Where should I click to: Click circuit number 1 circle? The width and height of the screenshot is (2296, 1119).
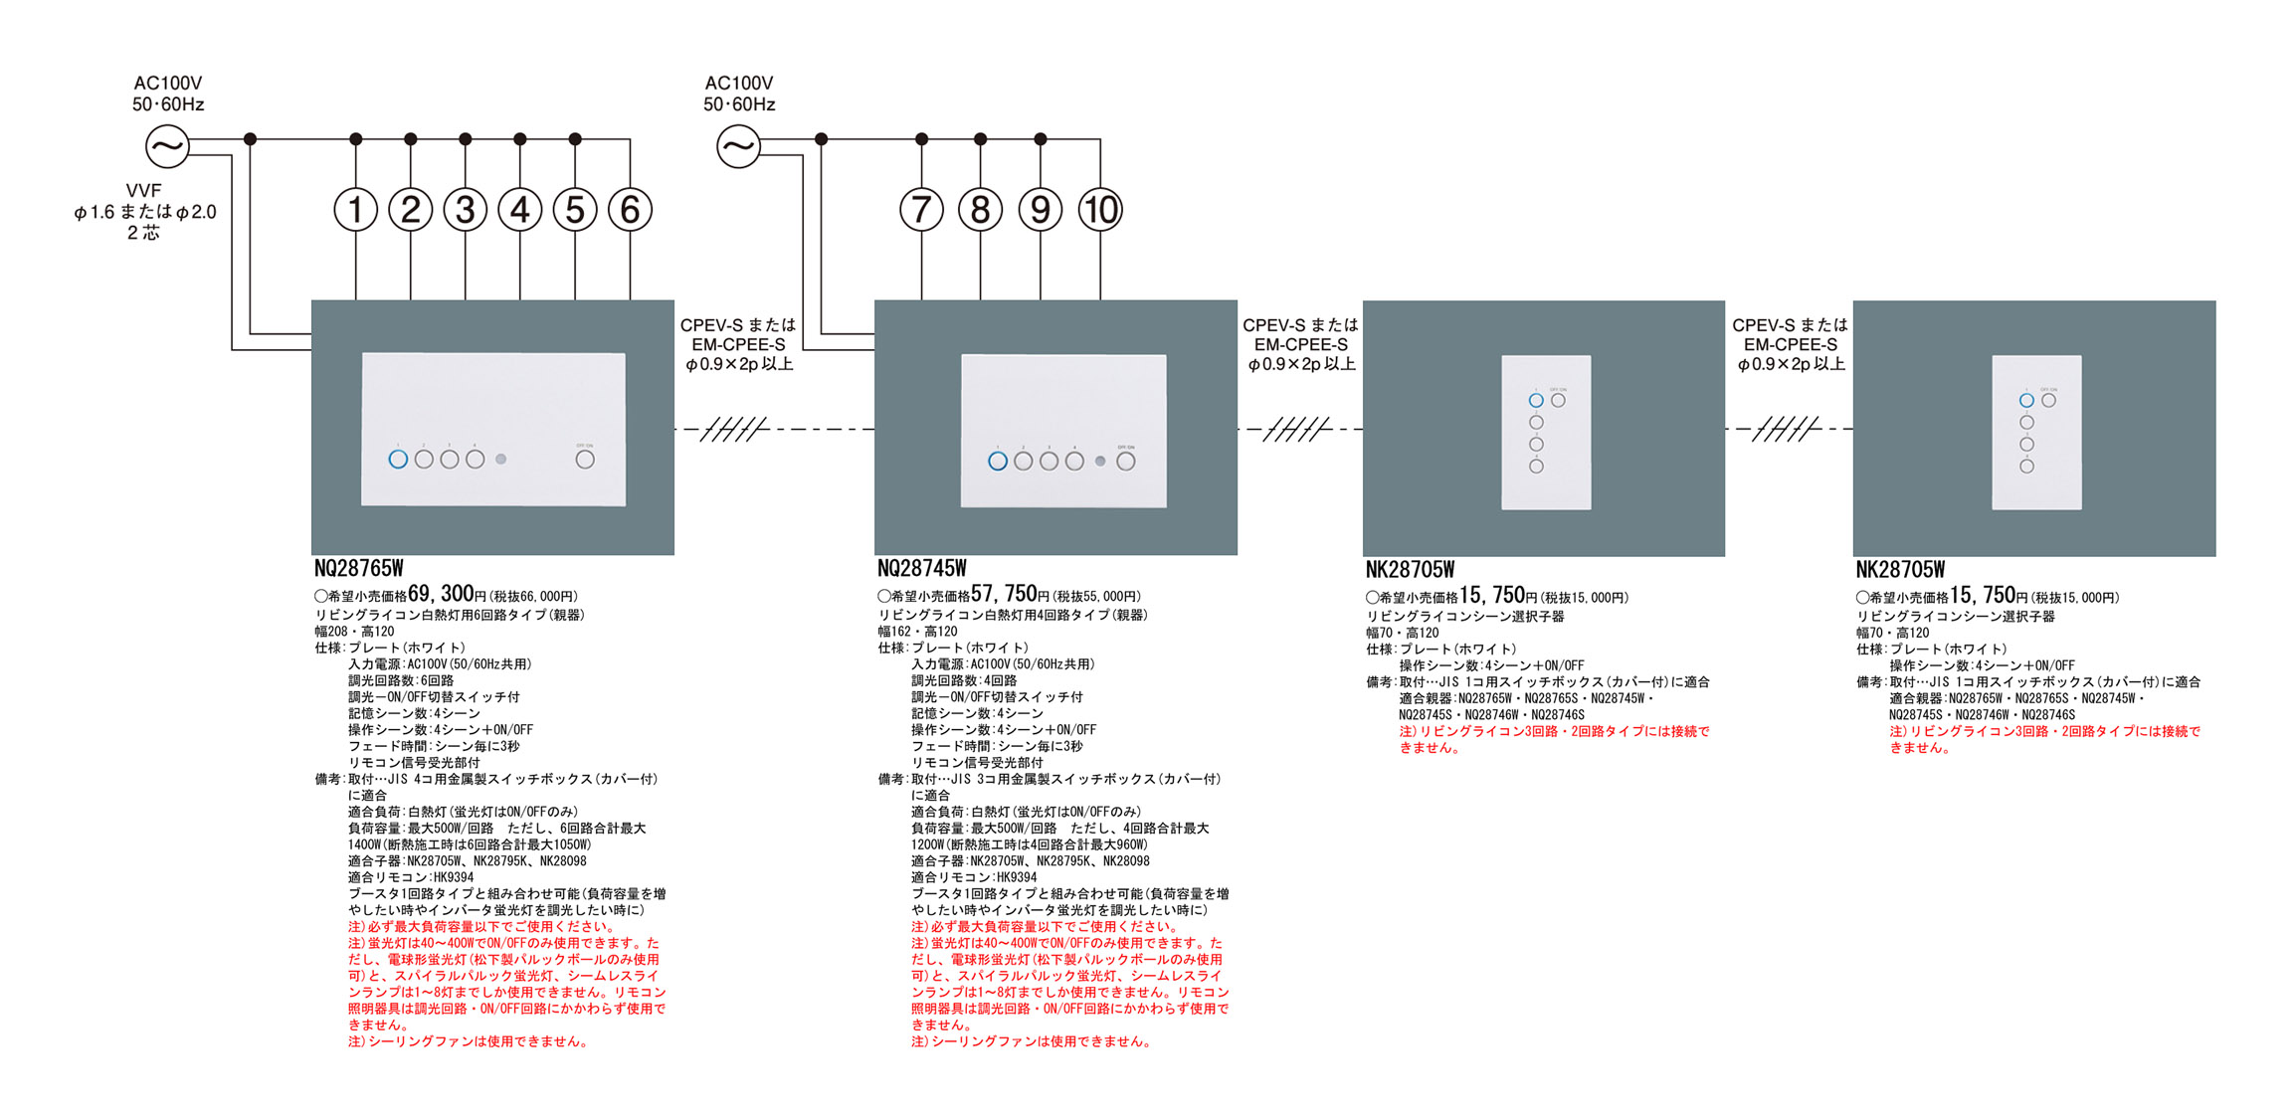pos(355,210)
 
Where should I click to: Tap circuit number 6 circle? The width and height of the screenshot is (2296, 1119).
pos(630,210)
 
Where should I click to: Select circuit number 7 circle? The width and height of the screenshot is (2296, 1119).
pos(921,210)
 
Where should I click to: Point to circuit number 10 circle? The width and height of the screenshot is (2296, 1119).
pos(1100,210)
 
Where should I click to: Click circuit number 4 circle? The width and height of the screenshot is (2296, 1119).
pos(519,210)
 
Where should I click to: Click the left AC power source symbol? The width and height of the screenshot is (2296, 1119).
pos(167,147)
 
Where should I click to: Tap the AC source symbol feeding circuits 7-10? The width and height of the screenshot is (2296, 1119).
pos(738,147)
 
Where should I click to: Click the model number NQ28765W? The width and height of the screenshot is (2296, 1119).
pos(359,569)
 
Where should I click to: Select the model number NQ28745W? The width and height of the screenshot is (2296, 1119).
pos(922,569)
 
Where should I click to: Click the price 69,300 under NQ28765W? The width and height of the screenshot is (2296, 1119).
pos(441,594)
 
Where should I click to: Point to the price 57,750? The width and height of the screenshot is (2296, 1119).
pos(1004,594)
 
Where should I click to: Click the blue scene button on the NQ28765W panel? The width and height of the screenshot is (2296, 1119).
pos(398,460)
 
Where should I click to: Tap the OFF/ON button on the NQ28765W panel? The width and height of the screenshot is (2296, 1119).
pos(585,460)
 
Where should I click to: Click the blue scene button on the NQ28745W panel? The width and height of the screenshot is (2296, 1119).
pos(998,462)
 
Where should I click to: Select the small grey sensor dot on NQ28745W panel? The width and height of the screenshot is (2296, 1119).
pos(1100,462)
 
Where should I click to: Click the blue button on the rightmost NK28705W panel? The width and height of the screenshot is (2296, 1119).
pos(2026,401)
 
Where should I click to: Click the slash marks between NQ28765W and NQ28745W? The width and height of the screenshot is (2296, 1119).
pos(734,430)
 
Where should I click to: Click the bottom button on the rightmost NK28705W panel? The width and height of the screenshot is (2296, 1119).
pos(2026,466)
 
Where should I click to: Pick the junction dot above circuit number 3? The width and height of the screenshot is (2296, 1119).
pos(466,139)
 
